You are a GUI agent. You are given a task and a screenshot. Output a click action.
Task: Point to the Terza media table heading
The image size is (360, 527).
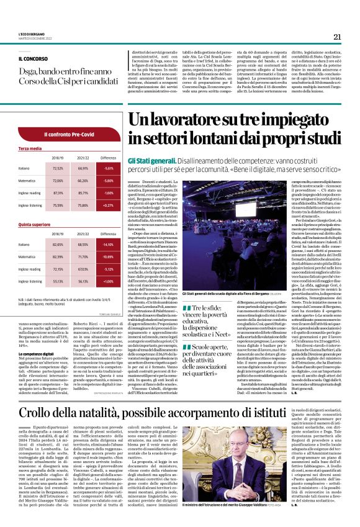point(30,149)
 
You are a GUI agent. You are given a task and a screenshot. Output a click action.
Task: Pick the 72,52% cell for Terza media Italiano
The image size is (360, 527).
point(58,168)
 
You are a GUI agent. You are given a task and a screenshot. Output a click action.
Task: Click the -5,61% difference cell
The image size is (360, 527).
point(109,168)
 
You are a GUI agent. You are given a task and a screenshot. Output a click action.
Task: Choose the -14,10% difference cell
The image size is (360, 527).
point(109,245)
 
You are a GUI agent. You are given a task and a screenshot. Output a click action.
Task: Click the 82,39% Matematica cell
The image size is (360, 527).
point(58,256)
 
